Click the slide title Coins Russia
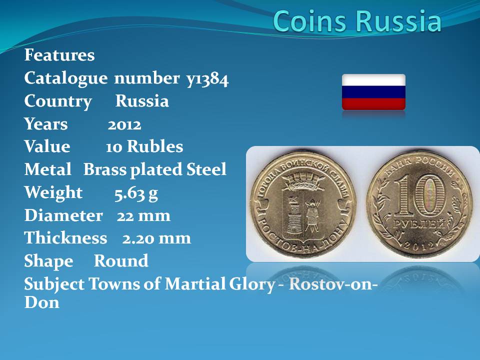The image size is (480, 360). [357, 21]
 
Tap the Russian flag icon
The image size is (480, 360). [373, 92]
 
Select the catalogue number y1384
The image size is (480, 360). [207, 79]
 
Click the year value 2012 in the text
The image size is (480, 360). [124, 125]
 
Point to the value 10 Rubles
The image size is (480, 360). [144, 146]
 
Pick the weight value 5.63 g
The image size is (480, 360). [136, 193]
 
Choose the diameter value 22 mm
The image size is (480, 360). [143, 216]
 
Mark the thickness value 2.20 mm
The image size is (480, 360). [156, 238]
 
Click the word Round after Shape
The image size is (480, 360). [121, 261]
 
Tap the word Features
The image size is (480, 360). [59, 55]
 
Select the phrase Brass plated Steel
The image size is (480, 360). [155, 170]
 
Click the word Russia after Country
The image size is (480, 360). [142, 101]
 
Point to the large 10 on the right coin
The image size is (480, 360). [418, 195]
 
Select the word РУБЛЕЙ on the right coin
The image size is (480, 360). [418, 224]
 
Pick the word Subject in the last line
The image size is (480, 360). [54, 284]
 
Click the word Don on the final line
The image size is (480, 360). [42, 302]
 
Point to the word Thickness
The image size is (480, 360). [66, 238]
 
